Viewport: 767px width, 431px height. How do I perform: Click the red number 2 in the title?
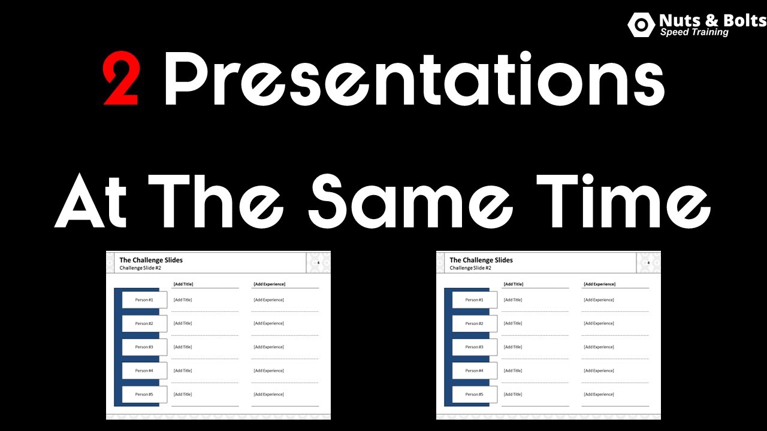coord(121,78)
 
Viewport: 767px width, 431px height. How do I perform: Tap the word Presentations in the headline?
coord(414,79)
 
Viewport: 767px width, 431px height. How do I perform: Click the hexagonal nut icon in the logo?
coord(641,25)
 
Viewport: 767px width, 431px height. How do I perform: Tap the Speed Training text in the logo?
coord(694,32)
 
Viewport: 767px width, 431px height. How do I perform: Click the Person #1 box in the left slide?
coord(144,300)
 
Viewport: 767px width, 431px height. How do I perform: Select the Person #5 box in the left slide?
coord(144,394)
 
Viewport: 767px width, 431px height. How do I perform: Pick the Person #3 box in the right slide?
coord(475,347)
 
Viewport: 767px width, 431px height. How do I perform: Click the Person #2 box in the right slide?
coord(475,324)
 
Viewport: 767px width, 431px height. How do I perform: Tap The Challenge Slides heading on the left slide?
coord(151,260)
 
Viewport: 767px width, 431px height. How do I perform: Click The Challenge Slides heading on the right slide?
coord(481,260)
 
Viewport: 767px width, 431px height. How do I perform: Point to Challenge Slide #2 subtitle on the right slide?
coord(470,268)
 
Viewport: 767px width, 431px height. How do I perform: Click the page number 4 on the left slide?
coord(318,263)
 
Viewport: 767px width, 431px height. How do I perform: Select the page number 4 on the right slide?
coord(648,263)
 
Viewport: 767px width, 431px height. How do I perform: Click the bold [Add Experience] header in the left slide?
coord(269,284)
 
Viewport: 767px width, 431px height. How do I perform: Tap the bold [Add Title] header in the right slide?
coord(513,284)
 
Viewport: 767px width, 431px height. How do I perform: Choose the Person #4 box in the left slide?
coord(144,371)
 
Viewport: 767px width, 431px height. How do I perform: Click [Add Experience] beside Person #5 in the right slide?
coord(599,394)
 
